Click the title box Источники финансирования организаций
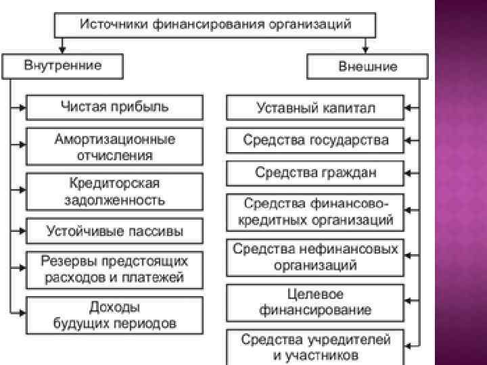tap(215, 25)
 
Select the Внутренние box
tap(63, 66)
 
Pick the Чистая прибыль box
tap(114, 107)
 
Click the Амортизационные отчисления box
tap(114, 147)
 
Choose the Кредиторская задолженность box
tap(114, 191)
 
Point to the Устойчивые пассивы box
tap(114, 230)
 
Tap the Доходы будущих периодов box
tap(114, 314)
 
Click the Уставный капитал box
tap(315, 107)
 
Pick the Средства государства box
tap(315, 141)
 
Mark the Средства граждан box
tap(315, 172)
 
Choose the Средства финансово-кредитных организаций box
tap(315, 212)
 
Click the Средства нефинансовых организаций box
tap(315, 256)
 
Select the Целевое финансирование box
tap(315, 302)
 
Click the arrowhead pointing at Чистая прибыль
tap(22, 107)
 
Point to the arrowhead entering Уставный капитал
tap(409, 107)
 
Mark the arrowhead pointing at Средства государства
tap(409, 141)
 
